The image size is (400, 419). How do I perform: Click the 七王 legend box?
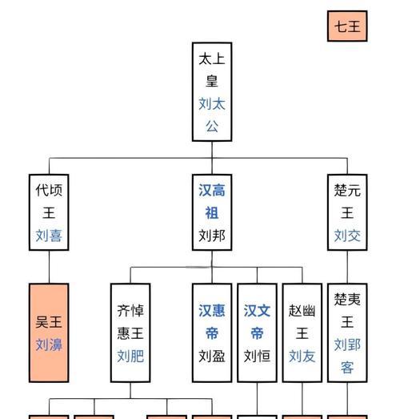[x=347, y=26]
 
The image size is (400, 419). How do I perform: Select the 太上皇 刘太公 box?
[x=212, y=91]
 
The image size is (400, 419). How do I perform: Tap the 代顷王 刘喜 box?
[x=49, y=212]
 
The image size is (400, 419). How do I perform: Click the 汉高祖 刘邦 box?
[x=212, y=212]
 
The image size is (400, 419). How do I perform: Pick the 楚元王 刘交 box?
[x=347, y=212]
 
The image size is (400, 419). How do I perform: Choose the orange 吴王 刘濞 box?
[x=49, y=332]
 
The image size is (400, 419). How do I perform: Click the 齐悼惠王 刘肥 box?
[x=130, y=332]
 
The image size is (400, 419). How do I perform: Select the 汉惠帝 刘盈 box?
[x=212, y=332]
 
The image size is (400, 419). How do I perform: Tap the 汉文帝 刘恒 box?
[x=257, y=332]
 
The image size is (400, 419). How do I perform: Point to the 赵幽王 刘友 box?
[x=302, y=332]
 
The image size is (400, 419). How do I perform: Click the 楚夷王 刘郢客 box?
[x=347, y=332]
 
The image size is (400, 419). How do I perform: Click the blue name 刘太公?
[x=212, y=115]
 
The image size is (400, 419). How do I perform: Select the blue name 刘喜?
[x=49, y=236]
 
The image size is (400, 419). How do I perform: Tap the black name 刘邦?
[x=212, y=236]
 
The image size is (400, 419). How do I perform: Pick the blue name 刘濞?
[x=49, y=344]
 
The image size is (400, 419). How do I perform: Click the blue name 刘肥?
[x=130, y=356]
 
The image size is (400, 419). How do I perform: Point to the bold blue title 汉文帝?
[x=257, y=322]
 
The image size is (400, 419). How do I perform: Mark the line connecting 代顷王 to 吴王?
[x=49, y=267]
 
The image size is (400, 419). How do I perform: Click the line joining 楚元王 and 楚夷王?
[x=347, y=267]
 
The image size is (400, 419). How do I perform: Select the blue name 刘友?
[x=302, y=356]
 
